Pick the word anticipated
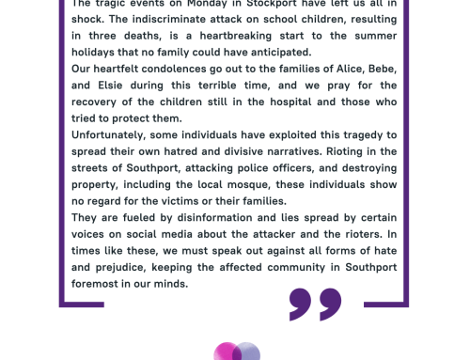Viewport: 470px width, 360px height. click(x=281, y=53)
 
